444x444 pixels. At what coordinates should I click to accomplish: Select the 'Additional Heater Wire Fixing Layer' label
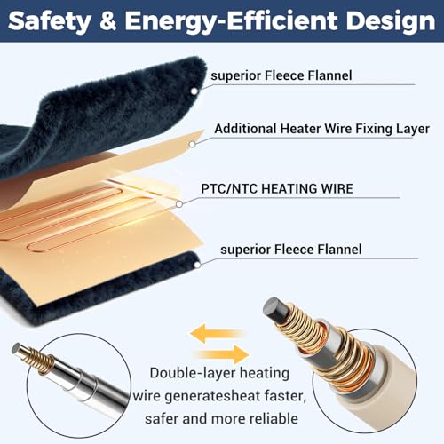tap(321, 129)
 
